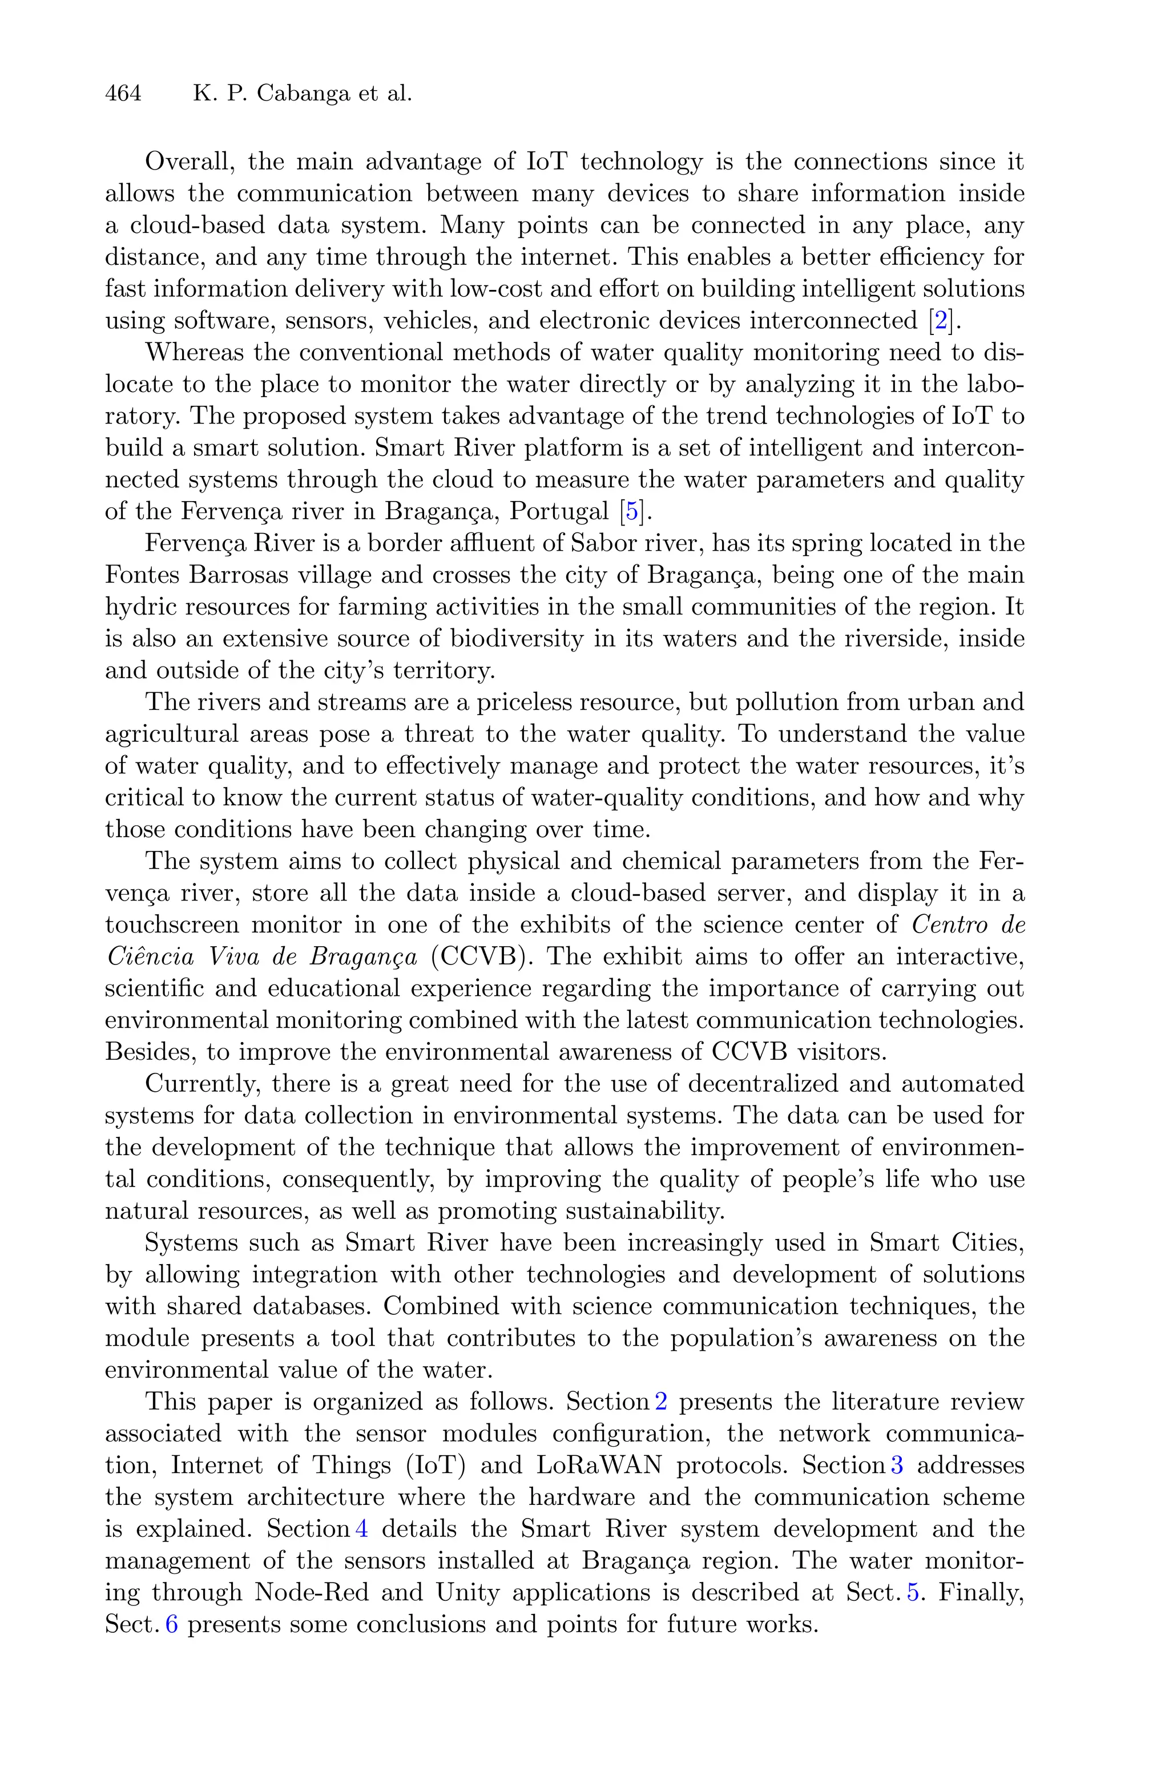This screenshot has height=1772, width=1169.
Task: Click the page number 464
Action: pyautogui.click(x=123, y=93)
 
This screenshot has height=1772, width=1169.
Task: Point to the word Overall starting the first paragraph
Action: pyautogui.click(x=190, y=162)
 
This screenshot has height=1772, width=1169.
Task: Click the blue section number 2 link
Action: pyautogui.click(x=660, y=1402)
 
